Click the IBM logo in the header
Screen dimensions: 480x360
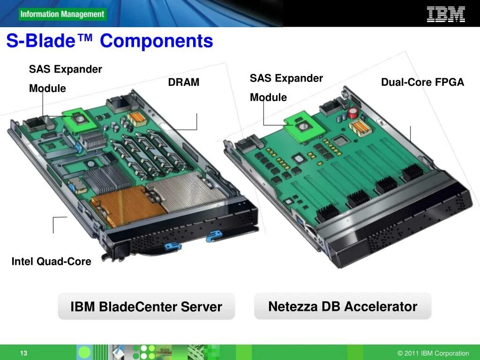click(445, 14)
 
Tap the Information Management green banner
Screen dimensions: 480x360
click(62, 14)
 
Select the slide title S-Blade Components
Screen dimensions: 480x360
click(110, 41)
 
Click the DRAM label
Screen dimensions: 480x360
click(184, 82)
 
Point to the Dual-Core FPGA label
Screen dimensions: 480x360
click(422, 82)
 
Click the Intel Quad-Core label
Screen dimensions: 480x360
click(52, 262)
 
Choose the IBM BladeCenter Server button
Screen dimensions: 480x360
click(146, 307)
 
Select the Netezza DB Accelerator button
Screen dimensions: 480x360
click(343, 307)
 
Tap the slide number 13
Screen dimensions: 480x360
click(23, 353)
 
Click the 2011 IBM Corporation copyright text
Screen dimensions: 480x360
click(433, 353)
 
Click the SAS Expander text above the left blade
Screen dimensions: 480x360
click(66, 69)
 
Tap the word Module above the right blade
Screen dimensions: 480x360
click(268, 97)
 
